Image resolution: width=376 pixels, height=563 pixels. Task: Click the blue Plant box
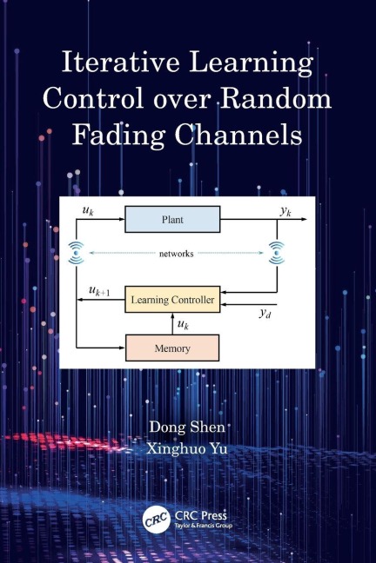(171, 220)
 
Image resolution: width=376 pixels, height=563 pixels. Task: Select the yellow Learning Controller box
(171, 301)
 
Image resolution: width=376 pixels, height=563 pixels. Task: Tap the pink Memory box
(171, 347)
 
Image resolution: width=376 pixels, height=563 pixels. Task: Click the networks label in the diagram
(177, 254)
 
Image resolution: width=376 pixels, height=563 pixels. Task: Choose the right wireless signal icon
(277, 253)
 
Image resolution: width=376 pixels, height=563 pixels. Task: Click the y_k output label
(285, 211)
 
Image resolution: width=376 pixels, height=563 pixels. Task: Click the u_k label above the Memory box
(183, 324)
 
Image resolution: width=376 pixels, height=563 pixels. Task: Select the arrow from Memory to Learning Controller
(171, 323)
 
